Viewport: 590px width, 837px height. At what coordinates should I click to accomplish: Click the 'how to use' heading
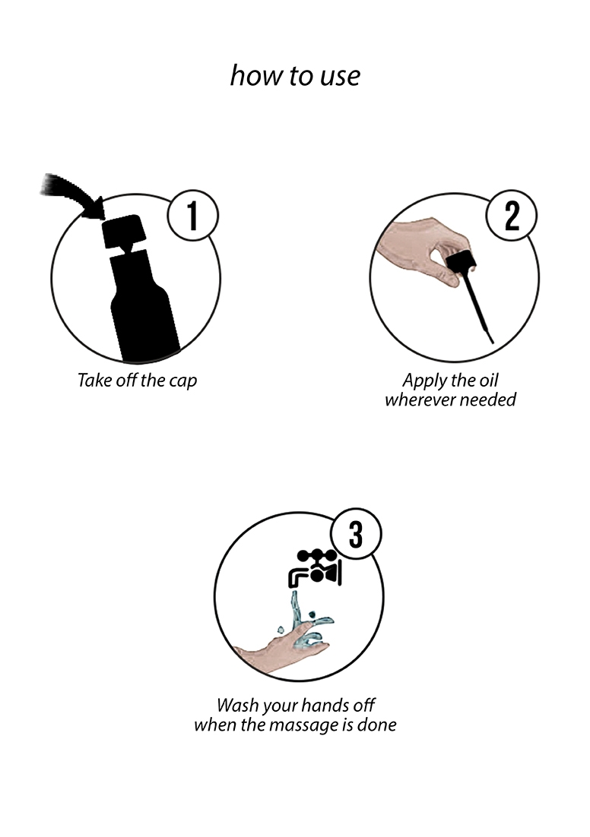click(x=295, y=75)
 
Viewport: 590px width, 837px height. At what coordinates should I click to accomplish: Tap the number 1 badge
click(x=192, y=216)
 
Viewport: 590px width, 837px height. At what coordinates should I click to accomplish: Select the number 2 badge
click(x=512, y=215)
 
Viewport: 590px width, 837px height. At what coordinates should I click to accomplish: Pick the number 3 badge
click(x=355, y=534)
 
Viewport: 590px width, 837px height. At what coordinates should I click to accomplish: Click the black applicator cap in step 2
click(x=461, y=265)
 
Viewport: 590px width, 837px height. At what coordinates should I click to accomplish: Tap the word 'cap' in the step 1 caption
click(x=183, y=381)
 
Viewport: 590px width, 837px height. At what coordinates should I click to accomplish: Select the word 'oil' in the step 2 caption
click(x=488, y=380)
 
